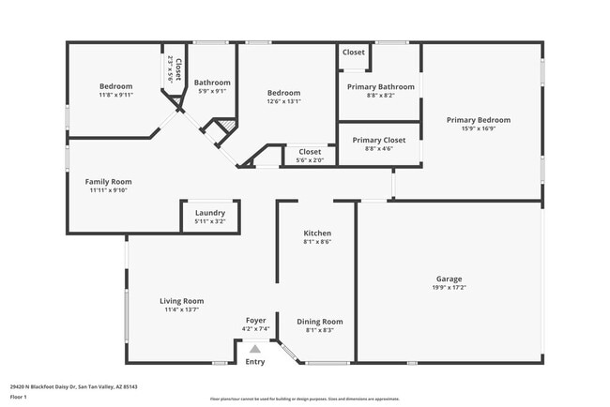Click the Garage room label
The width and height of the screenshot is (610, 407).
(x=449, y=279)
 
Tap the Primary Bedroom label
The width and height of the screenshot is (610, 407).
(x=479, y=120)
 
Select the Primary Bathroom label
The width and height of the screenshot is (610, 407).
(x=380, y=86)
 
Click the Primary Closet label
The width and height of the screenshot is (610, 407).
(x=378, y=140)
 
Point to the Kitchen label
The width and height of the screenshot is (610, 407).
(x=316, y=233)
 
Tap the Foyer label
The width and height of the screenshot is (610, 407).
(x=255, y=321)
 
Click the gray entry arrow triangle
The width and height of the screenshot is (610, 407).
(x=254, y=349)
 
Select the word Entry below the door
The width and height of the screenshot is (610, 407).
(x=255, y=362)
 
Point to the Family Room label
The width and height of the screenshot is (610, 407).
(x=108, y=182)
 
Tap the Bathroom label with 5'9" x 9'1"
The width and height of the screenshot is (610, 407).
(x=212, y=83)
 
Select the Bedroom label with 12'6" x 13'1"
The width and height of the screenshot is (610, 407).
(x=283, y=93)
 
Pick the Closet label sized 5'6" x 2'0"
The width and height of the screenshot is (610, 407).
(x=309, y=151)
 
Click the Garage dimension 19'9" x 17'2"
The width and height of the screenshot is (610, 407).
(x=449, y=288)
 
